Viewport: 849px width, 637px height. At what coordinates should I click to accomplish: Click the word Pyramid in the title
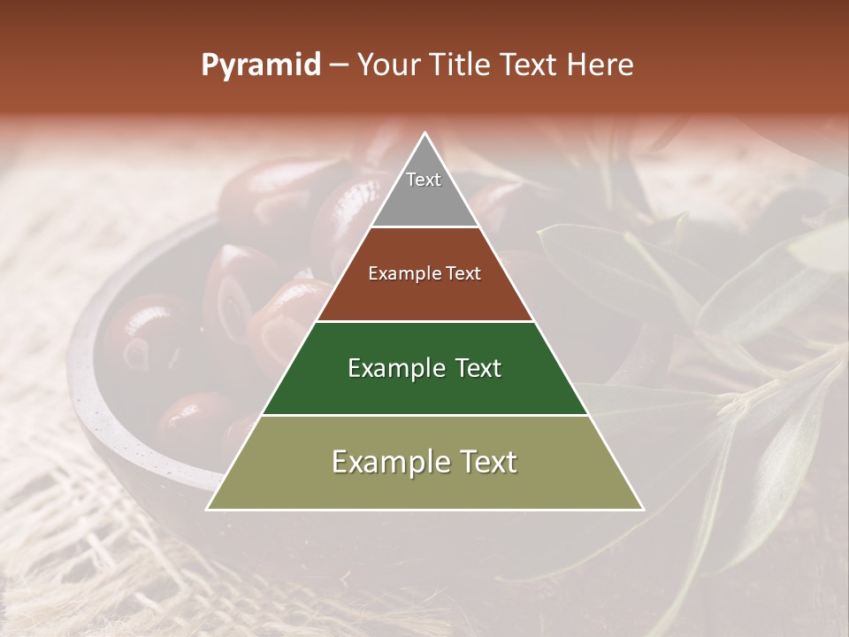pos(261,65)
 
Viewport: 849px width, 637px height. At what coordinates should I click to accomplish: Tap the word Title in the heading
pos(463,65)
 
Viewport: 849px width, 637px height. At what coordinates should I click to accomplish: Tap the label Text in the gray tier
pos(424,180)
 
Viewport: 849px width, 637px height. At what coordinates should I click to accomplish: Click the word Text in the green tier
pos(471,368)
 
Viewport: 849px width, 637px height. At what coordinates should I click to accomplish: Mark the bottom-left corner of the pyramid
pos(208,509)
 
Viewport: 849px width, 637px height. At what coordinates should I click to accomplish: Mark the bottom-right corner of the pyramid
pos(643,509)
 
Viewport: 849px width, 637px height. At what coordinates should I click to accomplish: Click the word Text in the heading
pos(530,65)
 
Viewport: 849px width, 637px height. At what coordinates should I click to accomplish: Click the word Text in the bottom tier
pos(485,462)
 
